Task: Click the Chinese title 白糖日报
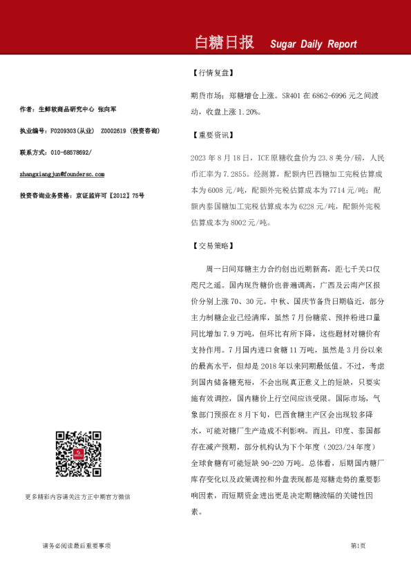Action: point(224,44)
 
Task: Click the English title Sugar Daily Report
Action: point(313,44)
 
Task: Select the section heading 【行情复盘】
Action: point(213,72)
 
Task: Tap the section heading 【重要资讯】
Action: point(213,136)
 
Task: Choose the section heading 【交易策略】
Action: point(213,245)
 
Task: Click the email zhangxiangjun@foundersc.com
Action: point(62,174)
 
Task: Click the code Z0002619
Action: point(114,131)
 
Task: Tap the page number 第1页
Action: point(358,546)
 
